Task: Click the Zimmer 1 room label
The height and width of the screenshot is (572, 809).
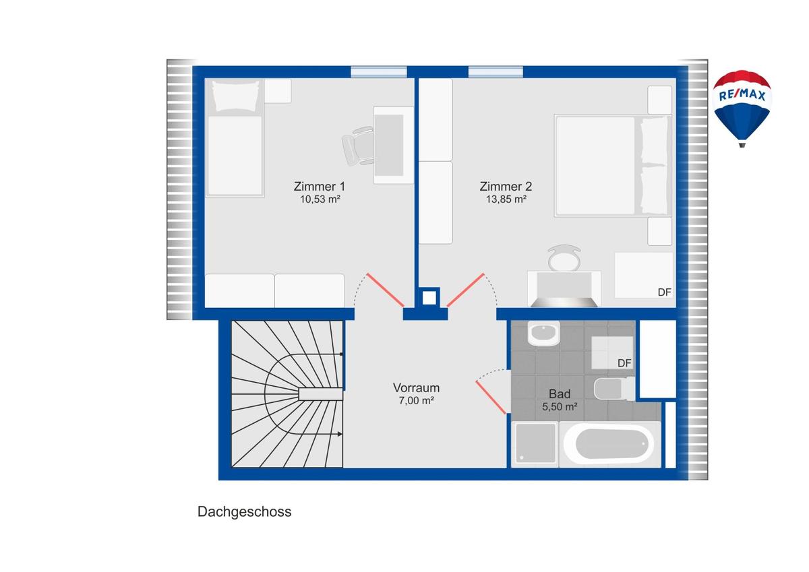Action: pyautogui.click(x=320, y=187)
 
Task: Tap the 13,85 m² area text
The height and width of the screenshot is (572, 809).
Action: pyautogui.click(x=506, y=199)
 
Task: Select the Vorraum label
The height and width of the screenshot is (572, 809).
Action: pyautogui.click(x=416, y=388)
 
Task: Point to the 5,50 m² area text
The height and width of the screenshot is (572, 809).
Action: pyautogui.click(x=560, y=407)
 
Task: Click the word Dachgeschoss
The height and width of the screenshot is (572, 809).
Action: pyautogui.click(x=244, y=512)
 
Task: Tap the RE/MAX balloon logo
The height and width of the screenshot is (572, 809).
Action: pyautogui.click(x=742, y=108)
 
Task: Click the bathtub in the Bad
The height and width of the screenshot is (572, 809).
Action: pyautogui.click(x=609, y=445)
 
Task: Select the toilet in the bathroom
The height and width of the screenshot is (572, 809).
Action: pyautogui.click(x=613, y=389)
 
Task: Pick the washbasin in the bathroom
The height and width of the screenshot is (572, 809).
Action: pyautogui.click(x=543, y=333)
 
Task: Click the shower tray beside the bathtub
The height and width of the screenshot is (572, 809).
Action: pyautogui.click(x=535, y=443)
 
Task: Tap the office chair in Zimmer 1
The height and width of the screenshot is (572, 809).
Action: pyautogui.click(x=358, y=146)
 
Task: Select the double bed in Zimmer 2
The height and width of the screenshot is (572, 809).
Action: pyautogui.click(x=613, y=166)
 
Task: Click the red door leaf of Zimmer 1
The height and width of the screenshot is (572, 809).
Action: pyautogui.click(x=386, y=290)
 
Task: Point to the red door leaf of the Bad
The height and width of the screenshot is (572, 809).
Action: pyautogui.click(x=491, y=398)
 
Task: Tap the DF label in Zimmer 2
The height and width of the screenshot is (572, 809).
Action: pyautogui.click(x=664, y=292)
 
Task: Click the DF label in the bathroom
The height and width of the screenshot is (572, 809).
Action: pyautogui.click(x=624, y=363)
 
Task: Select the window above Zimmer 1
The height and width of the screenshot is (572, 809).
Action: pyautogui.click(x=378, y=72)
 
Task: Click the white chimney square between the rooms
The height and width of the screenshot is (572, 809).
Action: pyautogui.click(x=429, y=298)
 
